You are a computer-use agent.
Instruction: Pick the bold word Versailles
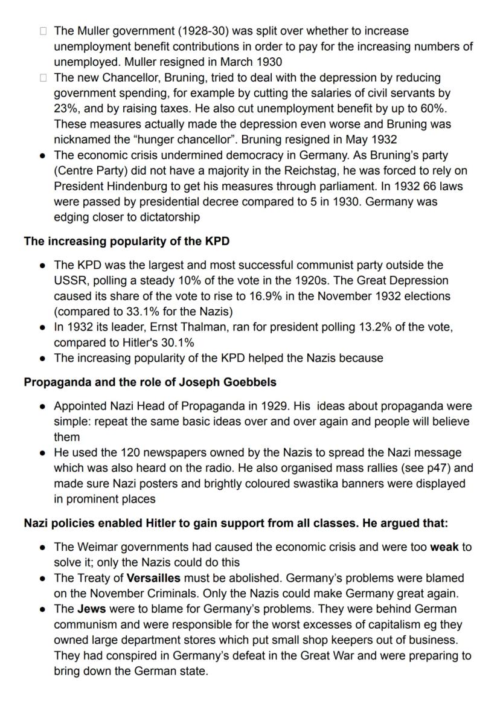pyautogui.click(x=155, y=579)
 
